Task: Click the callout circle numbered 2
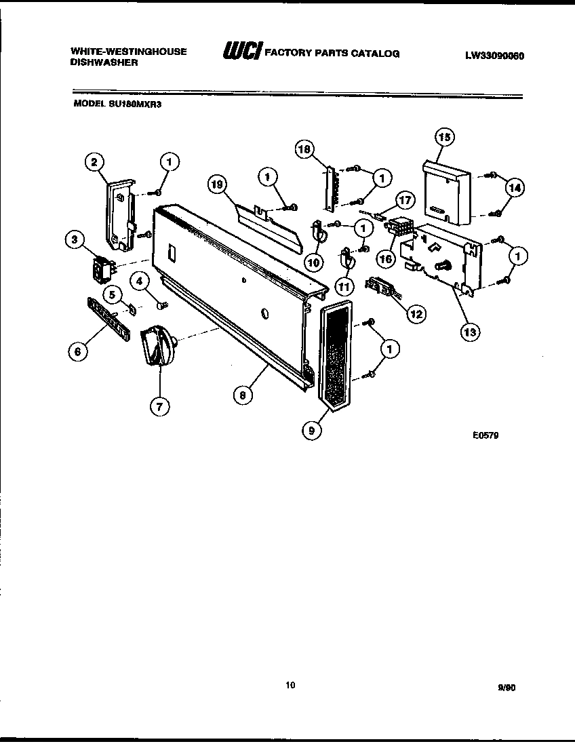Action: (94, 161)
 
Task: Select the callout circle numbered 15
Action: (443, 138)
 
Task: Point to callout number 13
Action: (469, 332)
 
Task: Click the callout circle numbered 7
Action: (159, 406)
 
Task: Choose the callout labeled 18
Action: (306, 149)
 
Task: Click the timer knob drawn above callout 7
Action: (157, 346)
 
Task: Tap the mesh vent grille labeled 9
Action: (332, 356)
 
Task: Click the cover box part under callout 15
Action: (446, 192)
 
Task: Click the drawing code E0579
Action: (485, 436)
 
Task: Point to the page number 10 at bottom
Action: (290, 685)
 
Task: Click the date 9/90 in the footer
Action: (506, 687)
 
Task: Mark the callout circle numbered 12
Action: (416, 313)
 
